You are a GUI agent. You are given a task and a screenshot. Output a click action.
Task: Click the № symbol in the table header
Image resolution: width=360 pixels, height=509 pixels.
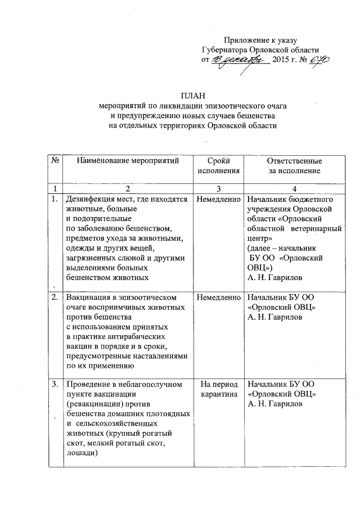(56, 161)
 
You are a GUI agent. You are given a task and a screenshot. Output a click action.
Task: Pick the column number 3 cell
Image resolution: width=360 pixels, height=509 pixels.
(219, 188)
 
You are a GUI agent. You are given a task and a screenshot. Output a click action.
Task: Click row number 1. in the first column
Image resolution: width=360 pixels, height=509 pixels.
(55, 199)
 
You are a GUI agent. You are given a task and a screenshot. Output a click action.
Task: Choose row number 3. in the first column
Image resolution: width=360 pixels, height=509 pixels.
(55, 384)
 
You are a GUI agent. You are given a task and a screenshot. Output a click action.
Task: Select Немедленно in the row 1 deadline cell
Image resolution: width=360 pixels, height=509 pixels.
(219, 199)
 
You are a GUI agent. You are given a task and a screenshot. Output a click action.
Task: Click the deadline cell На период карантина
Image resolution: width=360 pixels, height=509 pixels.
(219, 389)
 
